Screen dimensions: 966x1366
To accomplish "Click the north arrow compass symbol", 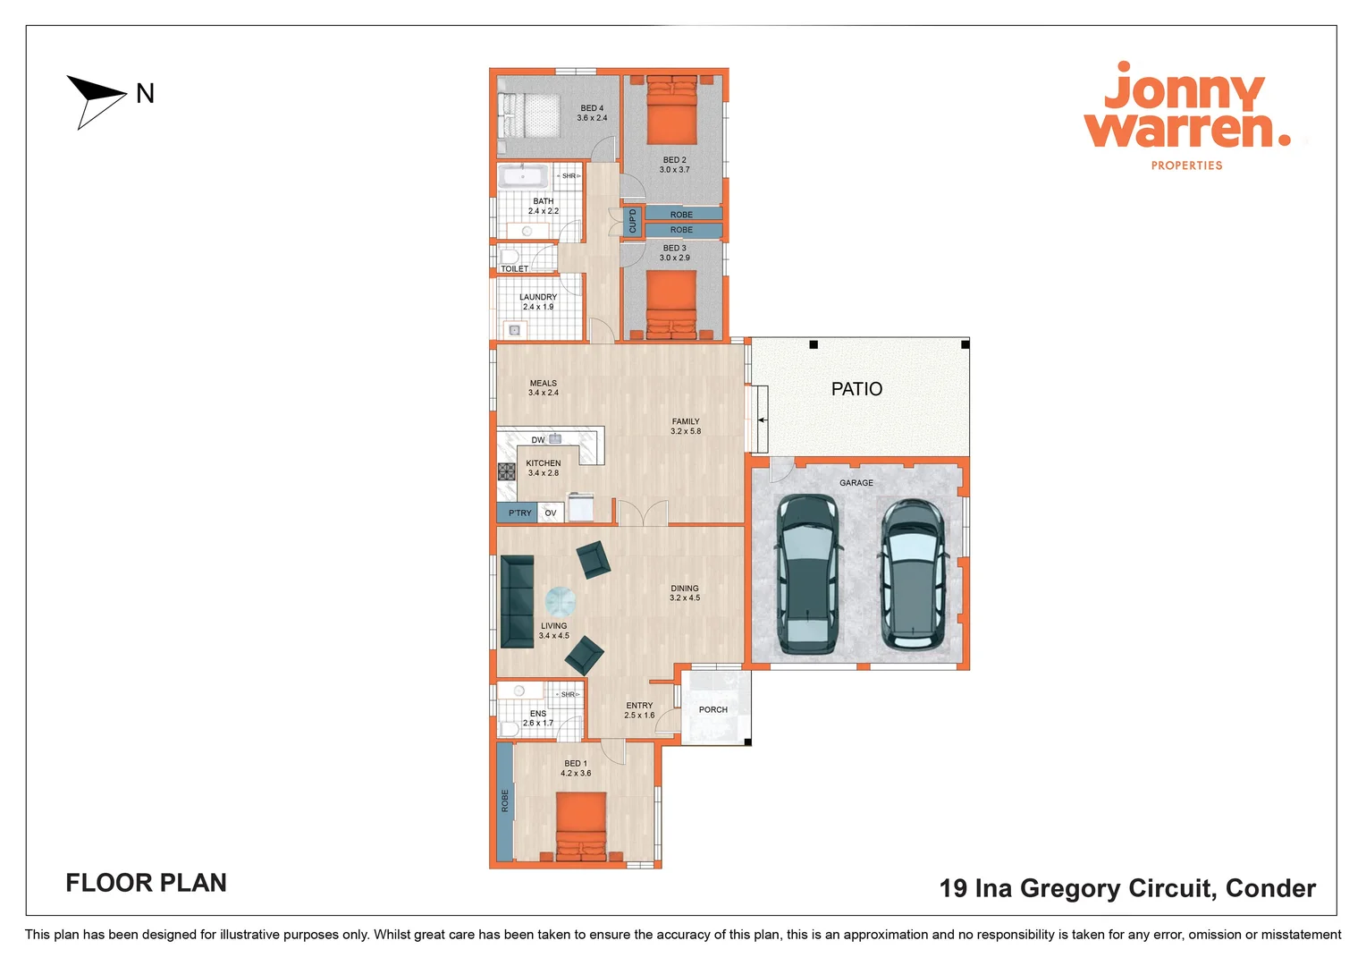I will pos(96,99).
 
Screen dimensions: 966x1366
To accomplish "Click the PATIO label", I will pos(856,389).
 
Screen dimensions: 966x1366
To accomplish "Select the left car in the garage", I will pos(807,573).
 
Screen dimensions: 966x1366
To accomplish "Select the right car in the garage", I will pos(912,573).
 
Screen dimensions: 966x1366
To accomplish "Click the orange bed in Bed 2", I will pos(671,111).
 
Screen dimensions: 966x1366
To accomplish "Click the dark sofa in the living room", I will pos(517,601).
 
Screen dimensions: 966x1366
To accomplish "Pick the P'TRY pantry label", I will pos(519,513).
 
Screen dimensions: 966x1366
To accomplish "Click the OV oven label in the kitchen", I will pos(551,513).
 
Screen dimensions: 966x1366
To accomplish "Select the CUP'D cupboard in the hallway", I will pos(632,221).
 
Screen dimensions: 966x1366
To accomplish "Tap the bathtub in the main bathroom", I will pos(523,175).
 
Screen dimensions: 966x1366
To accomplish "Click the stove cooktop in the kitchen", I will pos(507,471).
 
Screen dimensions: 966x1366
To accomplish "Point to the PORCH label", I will pos(713,710).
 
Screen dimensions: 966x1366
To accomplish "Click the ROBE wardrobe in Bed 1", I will pos(505,801).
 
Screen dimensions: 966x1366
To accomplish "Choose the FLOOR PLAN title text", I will pos(146,883).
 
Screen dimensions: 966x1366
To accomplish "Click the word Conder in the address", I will pos(1269,888).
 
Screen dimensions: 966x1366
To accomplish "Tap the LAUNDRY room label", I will pos(538,297).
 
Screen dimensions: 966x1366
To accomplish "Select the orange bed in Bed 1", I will pos(581,826).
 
